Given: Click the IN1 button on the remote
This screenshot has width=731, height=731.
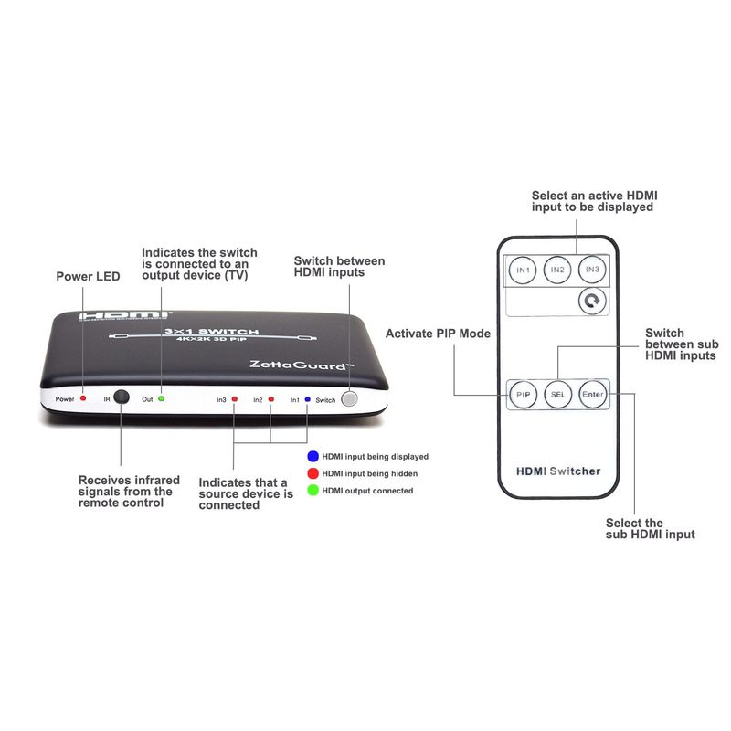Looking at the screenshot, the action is (523, 270).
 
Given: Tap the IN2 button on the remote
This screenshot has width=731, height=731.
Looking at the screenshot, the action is (557, 270).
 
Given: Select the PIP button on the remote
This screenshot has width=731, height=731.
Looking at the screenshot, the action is (523, 395).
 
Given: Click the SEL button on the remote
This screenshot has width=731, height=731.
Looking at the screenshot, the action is (558, 395).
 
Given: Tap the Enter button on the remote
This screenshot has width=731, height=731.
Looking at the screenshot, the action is (592, 395).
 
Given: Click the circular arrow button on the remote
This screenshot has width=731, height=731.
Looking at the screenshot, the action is (592, 301).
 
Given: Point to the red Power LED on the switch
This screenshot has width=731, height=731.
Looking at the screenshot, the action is (83, 398).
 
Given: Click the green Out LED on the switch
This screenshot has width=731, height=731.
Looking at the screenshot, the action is (162, 398).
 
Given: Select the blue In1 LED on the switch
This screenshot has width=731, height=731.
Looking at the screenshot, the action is (307, 399).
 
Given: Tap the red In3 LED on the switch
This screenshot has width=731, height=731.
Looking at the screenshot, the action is (235, 399).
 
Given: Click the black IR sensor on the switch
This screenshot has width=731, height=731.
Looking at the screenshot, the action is (122, 397).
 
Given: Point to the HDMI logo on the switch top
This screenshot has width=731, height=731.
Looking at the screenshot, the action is (124, 315).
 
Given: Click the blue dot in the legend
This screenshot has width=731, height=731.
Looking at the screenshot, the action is (313, 456).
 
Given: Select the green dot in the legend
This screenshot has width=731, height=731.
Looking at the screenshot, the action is (313, 491).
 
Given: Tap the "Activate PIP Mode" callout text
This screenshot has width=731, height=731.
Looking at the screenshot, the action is (438, 334).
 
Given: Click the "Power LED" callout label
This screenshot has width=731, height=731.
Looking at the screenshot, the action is (88, 277).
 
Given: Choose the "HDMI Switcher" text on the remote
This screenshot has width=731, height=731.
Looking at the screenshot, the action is (558, 471).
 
